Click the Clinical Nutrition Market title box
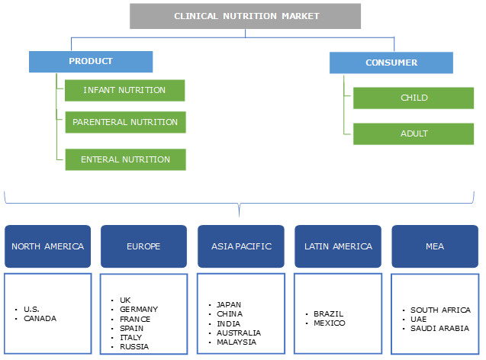(245, 16)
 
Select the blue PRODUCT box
(91, 62)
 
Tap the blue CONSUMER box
(391, 63)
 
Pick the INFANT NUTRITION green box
(124, 90)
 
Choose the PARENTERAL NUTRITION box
(125, 122)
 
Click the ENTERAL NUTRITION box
(125, 159)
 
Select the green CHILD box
(414, 98)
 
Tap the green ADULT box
(414, 133)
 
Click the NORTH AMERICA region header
(47, 246)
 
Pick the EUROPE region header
(143, 246)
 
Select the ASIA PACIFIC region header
(240, 246)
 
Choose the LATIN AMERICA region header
(337, 246)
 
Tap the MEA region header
(434, 246)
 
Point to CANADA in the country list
(40, 318)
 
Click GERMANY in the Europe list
(139, 310)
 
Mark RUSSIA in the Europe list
(134, 346)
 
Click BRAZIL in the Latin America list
(329, 313)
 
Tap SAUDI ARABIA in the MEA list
(439, 328)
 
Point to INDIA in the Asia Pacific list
(229, 323)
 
